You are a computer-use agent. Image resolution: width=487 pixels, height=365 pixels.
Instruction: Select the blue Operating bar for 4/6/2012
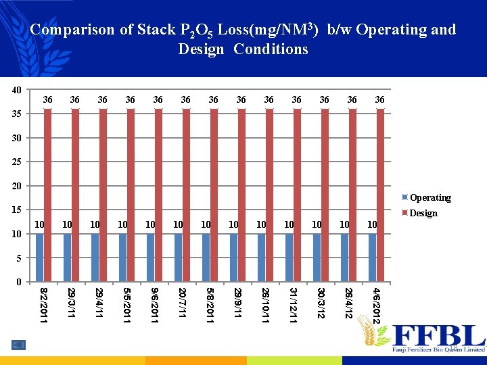click(x=373, y=258)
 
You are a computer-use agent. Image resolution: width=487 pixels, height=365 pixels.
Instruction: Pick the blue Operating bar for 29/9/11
click(x=234, y=258)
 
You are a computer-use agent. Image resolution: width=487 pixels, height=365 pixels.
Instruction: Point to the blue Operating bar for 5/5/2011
click(x=123, y=258)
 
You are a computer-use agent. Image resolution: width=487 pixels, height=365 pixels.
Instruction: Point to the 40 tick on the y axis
click(x=17, y=90)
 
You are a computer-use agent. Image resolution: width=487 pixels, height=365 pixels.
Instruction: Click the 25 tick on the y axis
click(x=17, y=162)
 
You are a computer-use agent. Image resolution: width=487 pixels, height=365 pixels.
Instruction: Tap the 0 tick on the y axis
click(x=20, y=282)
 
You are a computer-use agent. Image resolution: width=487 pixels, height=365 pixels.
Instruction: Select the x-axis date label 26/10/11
click(x=266, y=304)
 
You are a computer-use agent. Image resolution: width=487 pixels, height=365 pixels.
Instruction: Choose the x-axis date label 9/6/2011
click(x=155, y=304)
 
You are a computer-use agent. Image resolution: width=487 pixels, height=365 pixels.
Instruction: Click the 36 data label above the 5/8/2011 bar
click(x=214, y=100)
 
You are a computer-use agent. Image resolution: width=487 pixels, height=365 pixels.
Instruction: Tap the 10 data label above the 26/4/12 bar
click(x=345, y=224)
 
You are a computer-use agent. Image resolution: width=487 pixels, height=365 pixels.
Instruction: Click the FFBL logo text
click(x=438, y=335)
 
